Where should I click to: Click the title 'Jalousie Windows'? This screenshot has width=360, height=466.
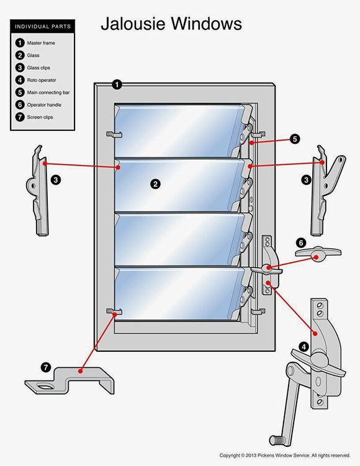171,24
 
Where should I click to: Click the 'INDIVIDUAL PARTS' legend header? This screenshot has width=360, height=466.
42,27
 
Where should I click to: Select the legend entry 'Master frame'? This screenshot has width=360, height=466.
41,43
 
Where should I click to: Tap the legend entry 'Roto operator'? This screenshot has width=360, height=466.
42,80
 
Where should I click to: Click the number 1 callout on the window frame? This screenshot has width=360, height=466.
117,84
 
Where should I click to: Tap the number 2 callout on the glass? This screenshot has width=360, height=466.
155,184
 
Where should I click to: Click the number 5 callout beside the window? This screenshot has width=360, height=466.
294,139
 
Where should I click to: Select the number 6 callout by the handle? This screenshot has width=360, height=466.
300,242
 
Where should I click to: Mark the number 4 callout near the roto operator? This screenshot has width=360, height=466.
304,346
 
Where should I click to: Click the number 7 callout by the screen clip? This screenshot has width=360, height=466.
45,367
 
